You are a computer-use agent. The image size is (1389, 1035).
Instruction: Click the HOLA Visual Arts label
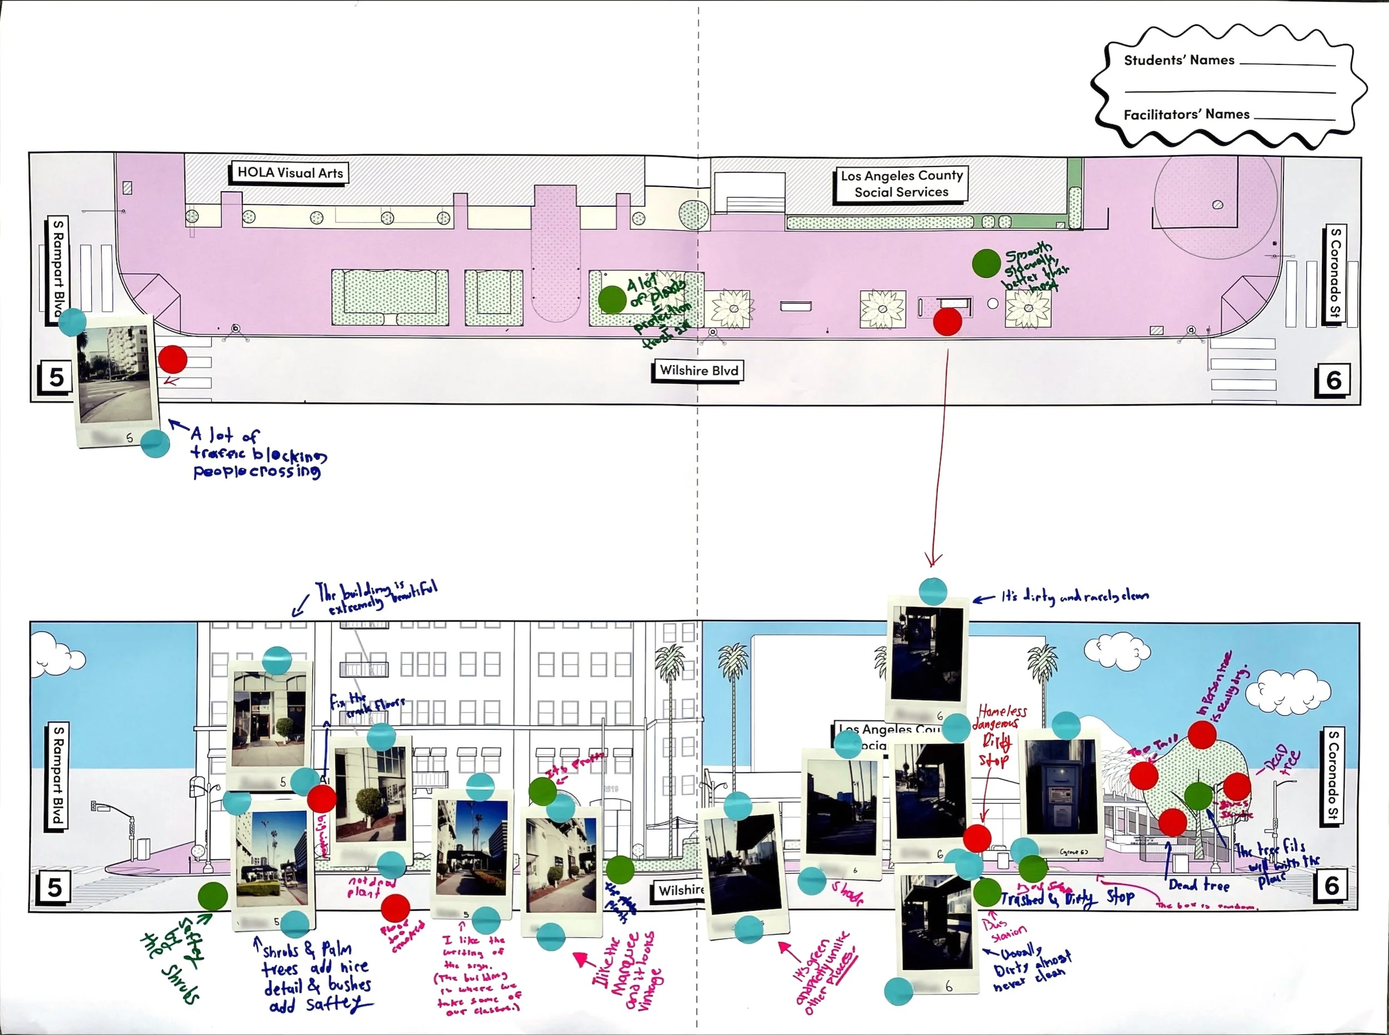(289, 173)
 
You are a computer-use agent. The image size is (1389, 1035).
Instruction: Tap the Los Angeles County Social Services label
(901, 184)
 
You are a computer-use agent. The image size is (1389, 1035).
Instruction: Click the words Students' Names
(1178, 61)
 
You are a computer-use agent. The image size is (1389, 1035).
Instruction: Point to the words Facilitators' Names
(1186, 114)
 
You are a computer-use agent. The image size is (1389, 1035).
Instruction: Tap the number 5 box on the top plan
(56, 377)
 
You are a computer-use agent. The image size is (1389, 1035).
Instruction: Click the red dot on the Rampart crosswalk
(172, 359)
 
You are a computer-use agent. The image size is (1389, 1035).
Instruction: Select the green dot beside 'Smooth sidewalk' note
(986, 263)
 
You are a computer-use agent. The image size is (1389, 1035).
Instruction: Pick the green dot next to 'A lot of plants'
(612, 299)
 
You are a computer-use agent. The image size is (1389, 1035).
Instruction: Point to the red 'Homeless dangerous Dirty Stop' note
(998, 734)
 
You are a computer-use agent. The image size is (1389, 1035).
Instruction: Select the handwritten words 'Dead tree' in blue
(1198, 885)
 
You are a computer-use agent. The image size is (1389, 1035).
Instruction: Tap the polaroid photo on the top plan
(114, 379)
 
